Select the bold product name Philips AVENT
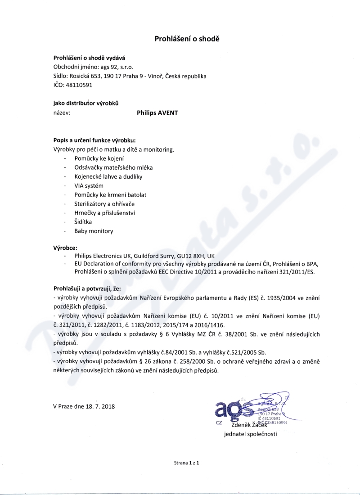(x=157, y=113)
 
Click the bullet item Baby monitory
(x=94, y=231)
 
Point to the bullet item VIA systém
(x=89, y=185)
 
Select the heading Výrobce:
(x=65, y=247)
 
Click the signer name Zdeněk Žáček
(x=249, y=425)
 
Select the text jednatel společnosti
(x=251, y=434)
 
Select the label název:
(x=62, y=113)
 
